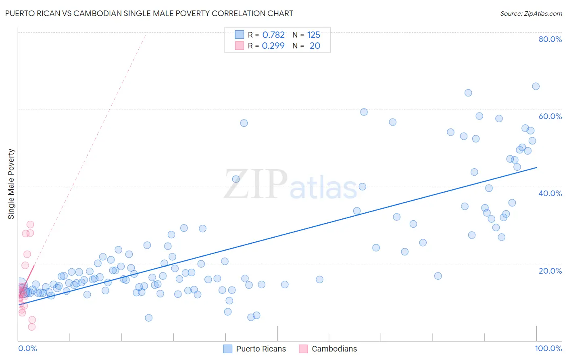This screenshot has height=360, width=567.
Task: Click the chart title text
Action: coord(149,13)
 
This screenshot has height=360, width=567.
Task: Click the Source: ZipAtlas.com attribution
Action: coord(531,13)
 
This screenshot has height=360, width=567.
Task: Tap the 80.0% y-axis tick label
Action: coord(550,39)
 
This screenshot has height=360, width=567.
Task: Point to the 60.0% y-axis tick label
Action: coord(550,116)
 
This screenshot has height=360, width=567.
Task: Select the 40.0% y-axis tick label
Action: coord(550,193)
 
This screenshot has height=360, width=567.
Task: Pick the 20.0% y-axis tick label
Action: coord(550,270)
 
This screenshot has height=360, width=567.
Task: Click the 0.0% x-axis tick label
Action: coord(27,348)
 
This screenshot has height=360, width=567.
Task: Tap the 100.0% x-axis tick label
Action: coord(548,348)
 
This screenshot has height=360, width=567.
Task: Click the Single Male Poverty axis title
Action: coord(11,184)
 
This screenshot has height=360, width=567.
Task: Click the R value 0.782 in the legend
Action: coord(273,35)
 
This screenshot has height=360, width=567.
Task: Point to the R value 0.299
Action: coord(273,46)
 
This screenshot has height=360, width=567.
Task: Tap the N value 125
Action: coord(313,35)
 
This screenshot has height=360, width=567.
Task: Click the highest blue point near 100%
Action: coord(536,86)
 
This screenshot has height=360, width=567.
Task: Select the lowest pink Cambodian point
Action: coord(31,327)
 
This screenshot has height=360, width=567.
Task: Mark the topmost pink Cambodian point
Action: coord(30,224)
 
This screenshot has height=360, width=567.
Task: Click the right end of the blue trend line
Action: coord(536,167)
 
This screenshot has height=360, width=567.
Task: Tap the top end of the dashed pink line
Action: coord(145,35)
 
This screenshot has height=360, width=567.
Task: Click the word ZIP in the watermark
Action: coord(256,184)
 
